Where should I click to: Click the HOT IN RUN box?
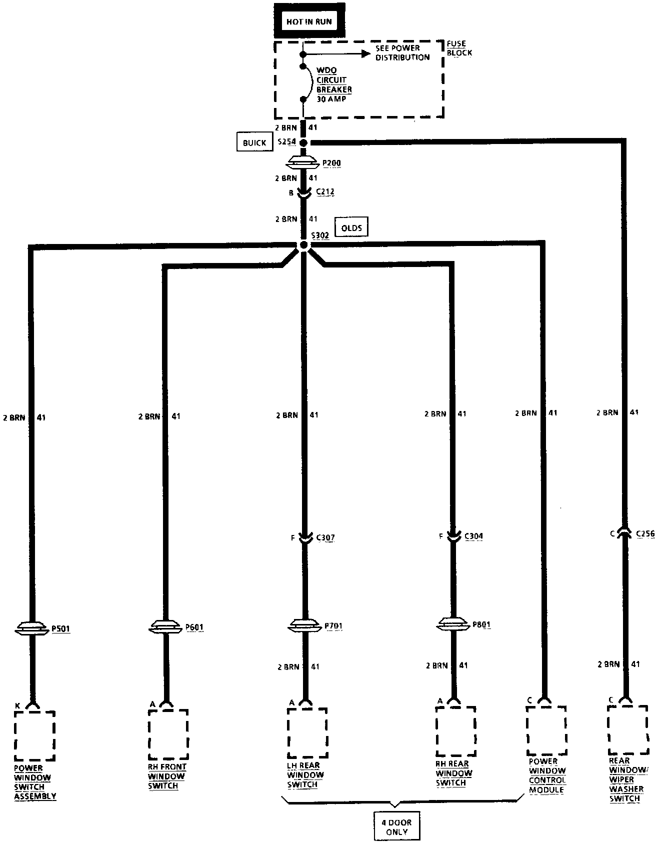point(309,21)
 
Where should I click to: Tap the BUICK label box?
point(254,142)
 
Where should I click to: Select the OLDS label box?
point(351,228)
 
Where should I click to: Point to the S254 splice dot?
point(303,142)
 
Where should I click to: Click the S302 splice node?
point(303,245)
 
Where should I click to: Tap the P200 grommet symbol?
point(303,162)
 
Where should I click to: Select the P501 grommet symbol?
point(33,628)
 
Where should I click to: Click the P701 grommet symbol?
point(304,625)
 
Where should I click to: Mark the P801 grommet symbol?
point(453,624)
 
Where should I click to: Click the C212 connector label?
point(325,191)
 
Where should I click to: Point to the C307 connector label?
point(325,538)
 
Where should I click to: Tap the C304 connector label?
point(473,536)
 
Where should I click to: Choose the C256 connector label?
point(645,534)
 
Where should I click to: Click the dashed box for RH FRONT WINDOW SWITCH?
point(168,734)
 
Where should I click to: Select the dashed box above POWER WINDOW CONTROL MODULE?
point(547,730)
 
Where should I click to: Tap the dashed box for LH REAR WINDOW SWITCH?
point(307,732)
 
